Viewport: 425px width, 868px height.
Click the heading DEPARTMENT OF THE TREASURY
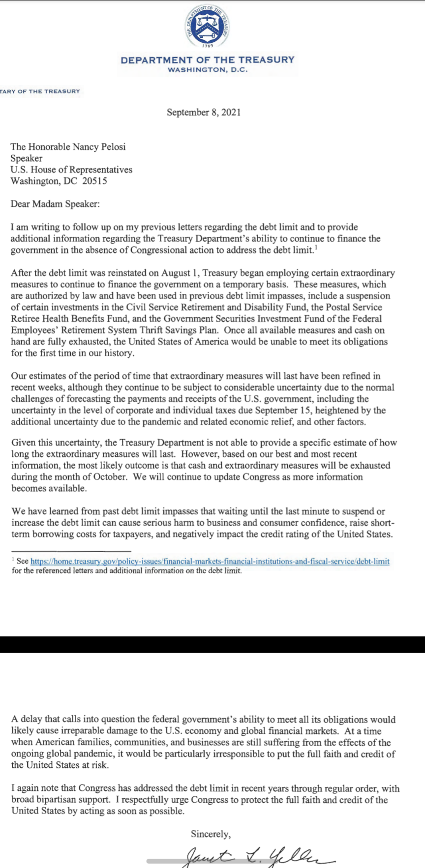coord(207,60)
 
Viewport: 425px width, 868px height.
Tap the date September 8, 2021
coord(204,112)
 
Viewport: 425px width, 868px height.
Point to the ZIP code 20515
coord(94,181)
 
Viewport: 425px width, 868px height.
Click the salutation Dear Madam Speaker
coord(55,204)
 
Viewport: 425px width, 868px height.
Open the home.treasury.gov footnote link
coord(210,561)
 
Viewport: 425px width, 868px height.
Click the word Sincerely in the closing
coord(211,834)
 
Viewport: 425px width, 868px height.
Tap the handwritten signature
coord(256,857)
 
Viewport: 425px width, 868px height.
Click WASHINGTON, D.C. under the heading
coord(207,70)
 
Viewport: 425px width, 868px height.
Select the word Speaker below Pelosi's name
coord(27,158)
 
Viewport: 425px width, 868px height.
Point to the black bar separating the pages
coord(212,644)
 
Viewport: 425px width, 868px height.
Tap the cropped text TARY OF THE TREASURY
coord(40,91)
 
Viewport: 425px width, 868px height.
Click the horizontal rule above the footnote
coord(71,551)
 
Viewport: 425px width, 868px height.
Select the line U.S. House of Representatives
coord(71,169)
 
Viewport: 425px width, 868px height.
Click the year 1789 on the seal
coord(207,46)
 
